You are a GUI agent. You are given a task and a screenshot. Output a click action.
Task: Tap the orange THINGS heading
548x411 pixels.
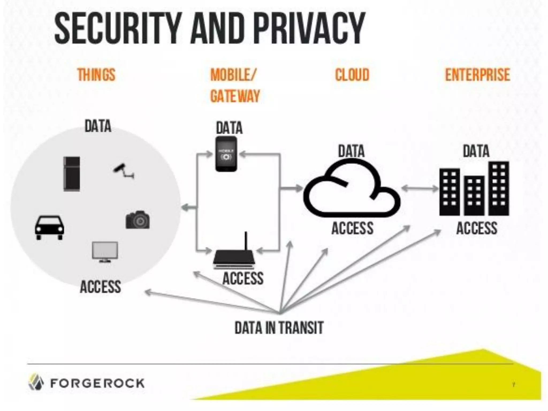click(x=96, y=75)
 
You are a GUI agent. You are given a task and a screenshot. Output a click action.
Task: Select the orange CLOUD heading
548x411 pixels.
click(x=352, y=75)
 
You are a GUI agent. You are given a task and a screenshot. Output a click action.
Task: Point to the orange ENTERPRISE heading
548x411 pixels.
click(x=478, y=75)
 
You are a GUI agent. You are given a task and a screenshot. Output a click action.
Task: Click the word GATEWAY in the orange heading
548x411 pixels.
click(x=235, y=96)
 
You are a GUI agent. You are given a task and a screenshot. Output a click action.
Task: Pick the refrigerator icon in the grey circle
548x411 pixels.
click(x=72, y=174)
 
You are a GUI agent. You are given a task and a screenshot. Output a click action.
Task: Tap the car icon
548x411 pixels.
click(x=50, y=227)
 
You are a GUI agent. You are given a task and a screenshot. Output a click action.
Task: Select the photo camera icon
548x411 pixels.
click(x=138, y=220)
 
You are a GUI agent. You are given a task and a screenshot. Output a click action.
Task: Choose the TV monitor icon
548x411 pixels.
click(x=105, y=251)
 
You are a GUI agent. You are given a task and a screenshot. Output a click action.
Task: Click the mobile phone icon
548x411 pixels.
click(x=226, y=154)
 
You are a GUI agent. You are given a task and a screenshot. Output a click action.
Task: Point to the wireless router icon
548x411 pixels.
click(x=234, y=257)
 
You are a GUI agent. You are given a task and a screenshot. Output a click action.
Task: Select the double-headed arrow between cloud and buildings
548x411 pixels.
click(x=420, y=189)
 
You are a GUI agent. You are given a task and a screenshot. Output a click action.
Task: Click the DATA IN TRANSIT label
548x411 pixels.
click(x=279, y=328)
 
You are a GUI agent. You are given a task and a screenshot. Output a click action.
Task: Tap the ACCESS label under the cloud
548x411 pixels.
click(x=352, y=228)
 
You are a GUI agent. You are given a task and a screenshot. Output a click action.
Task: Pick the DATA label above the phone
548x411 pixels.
click(x=229, y=128)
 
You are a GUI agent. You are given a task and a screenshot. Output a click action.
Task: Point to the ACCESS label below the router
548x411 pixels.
click(x=243, y=278)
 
